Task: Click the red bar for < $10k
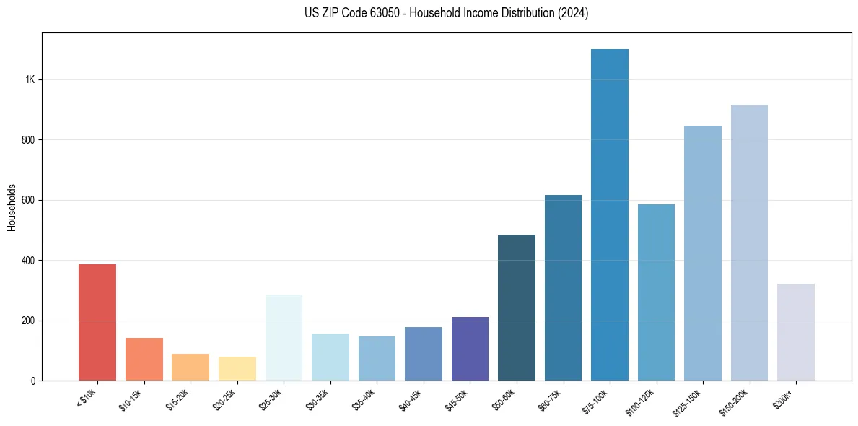97,323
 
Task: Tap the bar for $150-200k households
749,243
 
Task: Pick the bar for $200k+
796,332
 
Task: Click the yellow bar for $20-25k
237,368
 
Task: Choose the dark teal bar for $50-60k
517,308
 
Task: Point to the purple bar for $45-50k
470,349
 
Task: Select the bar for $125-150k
703,253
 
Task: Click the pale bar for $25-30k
284,338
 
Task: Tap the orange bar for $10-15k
144,359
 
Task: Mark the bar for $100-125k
656,292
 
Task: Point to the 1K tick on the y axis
30,79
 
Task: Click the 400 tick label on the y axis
28,260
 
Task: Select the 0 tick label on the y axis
32,381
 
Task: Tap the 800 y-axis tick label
28,139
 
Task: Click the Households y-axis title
12,207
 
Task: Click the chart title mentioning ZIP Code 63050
447,13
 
